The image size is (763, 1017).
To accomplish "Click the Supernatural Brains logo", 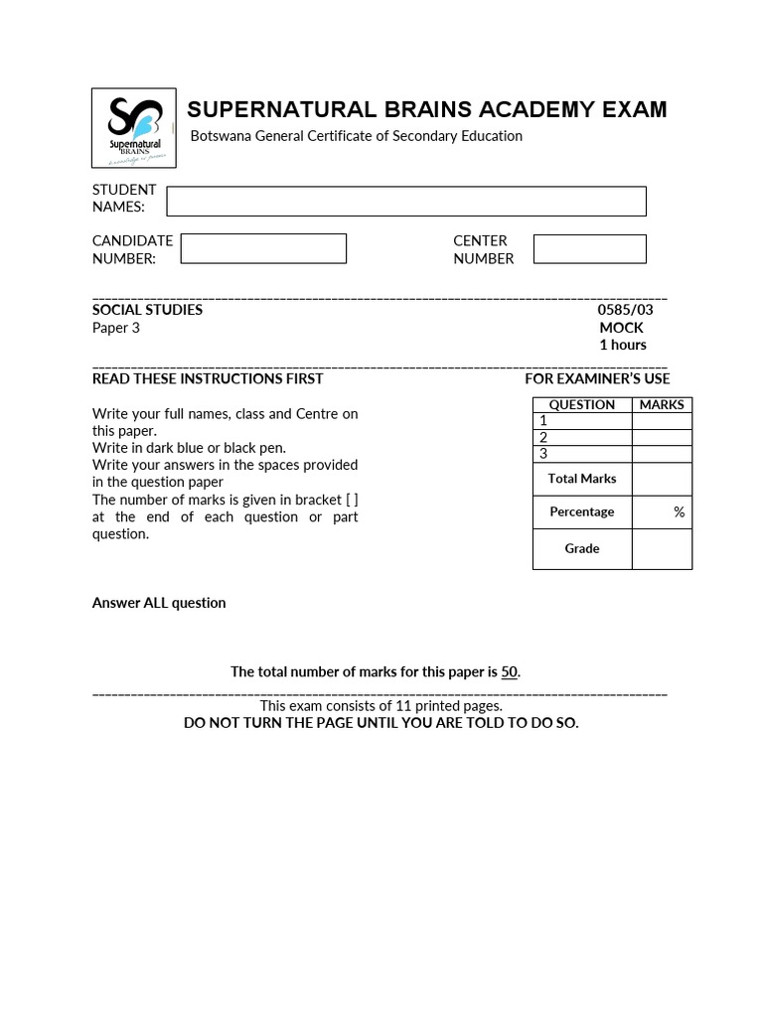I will pos(134,128).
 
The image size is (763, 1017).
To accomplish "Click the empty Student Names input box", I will pos(405,201).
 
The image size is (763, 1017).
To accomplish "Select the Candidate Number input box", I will pos(263,248).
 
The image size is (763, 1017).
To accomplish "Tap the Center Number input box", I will pos(589,249).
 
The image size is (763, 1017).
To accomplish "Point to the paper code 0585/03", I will pos(625,310).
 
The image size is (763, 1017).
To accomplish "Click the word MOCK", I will pos(621,328).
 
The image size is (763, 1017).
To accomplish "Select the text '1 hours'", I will pos(622,345).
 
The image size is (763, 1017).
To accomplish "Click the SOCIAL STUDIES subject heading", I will pos(147,310).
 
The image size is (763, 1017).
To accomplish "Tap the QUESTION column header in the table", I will pos(582,404).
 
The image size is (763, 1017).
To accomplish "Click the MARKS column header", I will pos(662,404).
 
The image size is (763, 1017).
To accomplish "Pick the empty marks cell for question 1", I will pos(662,421).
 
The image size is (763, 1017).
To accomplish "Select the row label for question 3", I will pos(543,454).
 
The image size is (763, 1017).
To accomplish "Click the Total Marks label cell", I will pos(582,479).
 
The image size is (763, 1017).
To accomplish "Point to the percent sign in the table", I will pos(679,511).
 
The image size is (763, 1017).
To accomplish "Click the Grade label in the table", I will pos(582,548).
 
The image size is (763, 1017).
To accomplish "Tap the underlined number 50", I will pos(509,672).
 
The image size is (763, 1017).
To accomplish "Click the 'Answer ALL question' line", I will pos(159,603).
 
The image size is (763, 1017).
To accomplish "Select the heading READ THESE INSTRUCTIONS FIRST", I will pos(208,378).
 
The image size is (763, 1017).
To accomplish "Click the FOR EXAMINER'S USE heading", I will pos(597,378).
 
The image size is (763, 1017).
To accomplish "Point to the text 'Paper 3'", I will pos(116,328).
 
